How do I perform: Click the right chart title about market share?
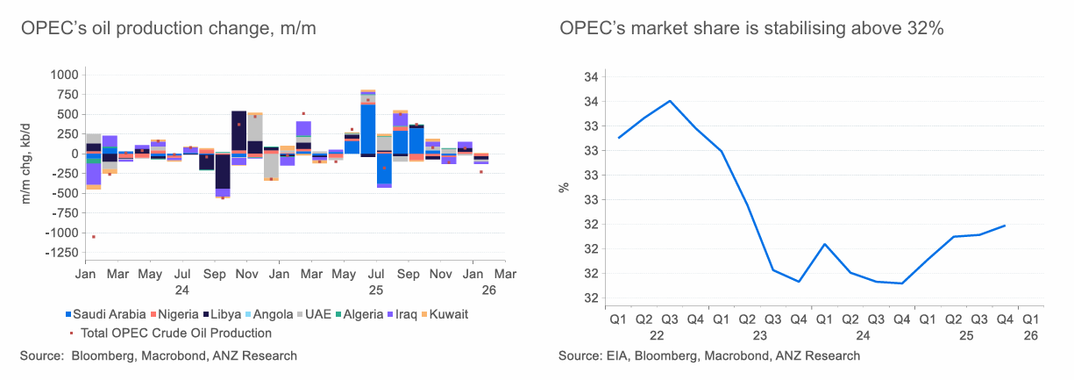point(751,29)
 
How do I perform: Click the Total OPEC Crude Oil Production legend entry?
point(175,333)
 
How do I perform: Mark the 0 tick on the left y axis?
point(73,154)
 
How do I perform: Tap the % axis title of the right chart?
point(565,187)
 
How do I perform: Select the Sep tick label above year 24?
point(214,275)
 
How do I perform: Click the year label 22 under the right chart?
point(656,335)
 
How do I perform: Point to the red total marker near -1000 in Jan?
point(94,237)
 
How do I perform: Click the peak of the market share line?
point(670,101)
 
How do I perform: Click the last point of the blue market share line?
point(1005,226)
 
